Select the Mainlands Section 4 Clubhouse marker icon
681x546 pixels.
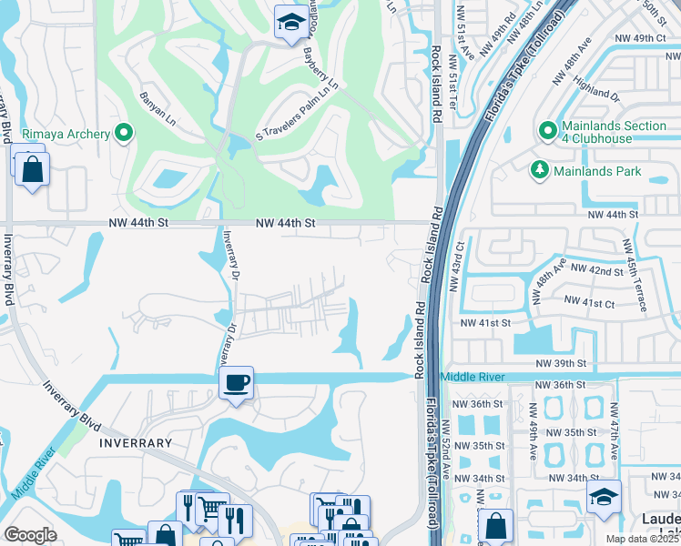pos(547,130)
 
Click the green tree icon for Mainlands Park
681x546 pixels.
pos(540,171)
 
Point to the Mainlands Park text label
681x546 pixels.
pos(601,171)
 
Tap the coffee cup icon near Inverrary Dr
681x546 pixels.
pos(236,381)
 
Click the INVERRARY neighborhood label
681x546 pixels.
pos(131,443)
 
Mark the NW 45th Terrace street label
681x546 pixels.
pos(635,275)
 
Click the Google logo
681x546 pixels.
pos(30,535)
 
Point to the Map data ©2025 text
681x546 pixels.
pos(642,539)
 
